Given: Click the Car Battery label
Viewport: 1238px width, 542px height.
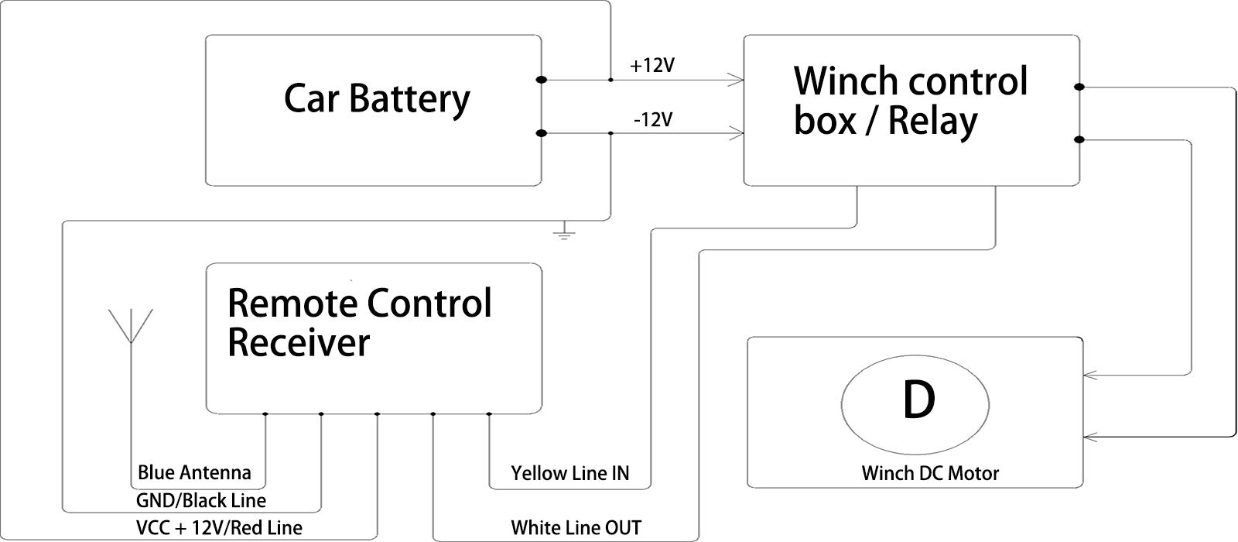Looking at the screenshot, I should pyautogui.click(x=377, y=99).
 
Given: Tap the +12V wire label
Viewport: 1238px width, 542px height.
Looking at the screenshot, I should pyautogui.click(x=652, y=66).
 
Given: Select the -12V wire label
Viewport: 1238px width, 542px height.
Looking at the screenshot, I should pyautogui.click(x=652, y=120).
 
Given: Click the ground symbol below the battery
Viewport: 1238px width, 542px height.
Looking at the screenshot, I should pyautogui.click(x=566, y=231).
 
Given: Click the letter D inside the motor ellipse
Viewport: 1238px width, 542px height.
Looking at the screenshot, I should pyautogui.click(x=918, y=400).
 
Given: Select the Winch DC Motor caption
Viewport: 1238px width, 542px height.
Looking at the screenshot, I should pyautogui.click(x=930, y=473).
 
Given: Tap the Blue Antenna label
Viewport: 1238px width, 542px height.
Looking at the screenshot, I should pyautogui.click(x=194, y=472).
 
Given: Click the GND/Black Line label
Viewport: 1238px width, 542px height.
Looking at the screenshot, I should pyautogui.click(x=201, y=500).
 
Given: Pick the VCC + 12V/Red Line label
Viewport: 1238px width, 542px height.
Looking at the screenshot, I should pyautogui.click(x=219, y=528).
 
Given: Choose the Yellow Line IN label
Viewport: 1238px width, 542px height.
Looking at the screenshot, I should pyautogui.click(x=570, y=473).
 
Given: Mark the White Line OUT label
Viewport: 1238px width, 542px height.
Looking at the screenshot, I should pyautogui.click(x=576, y=528).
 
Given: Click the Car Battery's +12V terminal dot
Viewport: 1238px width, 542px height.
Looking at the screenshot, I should pyautogui.click(x=542, y=80).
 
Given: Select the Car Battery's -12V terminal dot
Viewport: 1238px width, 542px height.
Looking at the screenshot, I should pyautogui.click(x=542, y=133).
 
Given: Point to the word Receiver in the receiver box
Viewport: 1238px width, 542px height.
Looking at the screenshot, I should pyautogui.click(x=299, y=342).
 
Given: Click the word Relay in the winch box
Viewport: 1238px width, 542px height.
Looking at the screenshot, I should pyautogui.click(x=932, y=122).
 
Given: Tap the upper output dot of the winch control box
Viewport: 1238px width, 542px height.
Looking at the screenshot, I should pyautogui.click(x=1079, y=87).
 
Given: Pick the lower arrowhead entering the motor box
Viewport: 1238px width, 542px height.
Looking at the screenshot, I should pyautogui.click(x=1089, y=437).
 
